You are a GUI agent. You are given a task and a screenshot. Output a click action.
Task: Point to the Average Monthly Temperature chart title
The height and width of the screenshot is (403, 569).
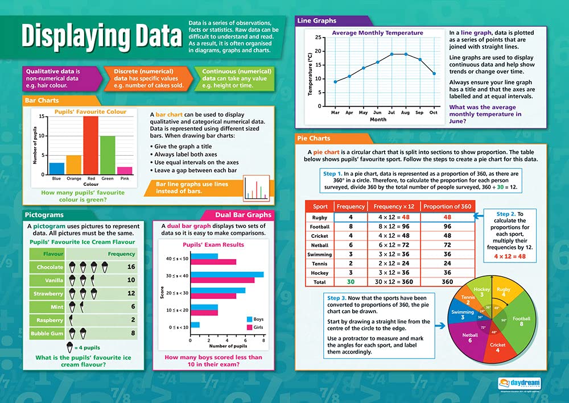pyautogui.click(x=377, y=33)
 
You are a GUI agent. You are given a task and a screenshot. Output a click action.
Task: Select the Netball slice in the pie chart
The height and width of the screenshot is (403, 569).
pyautogui.click(x=469, y=337)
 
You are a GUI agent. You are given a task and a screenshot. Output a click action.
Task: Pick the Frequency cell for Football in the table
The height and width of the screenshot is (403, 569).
pyautogui.click(x=351, y=226)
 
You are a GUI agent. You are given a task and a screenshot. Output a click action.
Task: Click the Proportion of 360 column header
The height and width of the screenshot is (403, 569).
pyautogui.click(x=447, y=206)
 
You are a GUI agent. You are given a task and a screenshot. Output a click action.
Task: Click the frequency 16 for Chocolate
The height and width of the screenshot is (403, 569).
pyautogui.click(x=130, y=267)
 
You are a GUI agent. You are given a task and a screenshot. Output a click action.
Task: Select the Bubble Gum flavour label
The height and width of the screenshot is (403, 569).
pyautogui.click(x=47, y=334)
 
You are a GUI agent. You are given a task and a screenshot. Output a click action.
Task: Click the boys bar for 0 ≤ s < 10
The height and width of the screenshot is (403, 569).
pyautogui.click(x=195, y=325)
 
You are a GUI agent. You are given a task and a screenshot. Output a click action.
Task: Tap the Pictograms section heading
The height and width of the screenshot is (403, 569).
pyautogui.click(x=44, y=215)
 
